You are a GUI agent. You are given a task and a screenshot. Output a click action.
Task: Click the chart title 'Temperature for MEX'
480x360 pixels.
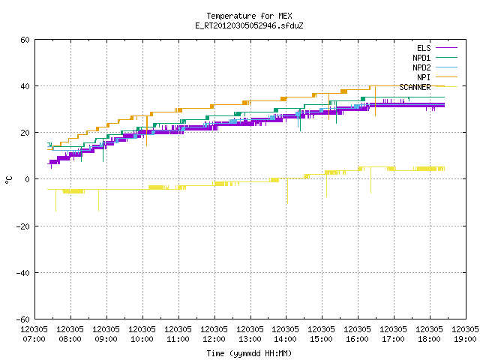pyautogui.click(x=249, y=16)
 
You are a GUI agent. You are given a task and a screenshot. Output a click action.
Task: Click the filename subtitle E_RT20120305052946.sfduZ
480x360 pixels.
pyautogui.click(x=249, y=25)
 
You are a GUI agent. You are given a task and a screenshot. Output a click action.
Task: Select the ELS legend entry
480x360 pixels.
pyautogui.click(x=437, y=48)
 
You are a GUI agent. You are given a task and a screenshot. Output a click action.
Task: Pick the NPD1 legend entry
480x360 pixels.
pyautogui.click(x=435, y=58)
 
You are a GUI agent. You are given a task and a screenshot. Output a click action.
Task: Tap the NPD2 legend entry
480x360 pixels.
pyautogui.click(x=435, y=67)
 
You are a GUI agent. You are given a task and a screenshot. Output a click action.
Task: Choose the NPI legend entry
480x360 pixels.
pyautogui.click(x=437, y=77)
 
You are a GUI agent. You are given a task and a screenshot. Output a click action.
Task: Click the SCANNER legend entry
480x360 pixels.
pyautogui.click(x=428, y=87)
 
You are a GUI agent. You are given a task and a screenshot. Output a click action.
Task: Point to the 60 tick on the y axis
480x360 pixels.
pyautogui.click(x=25, y=40)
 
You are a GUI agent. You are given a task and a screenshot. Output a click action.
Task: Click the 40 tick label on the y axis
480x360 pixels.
pyautogui.click(x=25, y=86)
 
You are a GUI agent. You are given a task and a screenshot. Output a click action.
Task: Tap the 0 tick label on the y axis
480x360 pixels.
pyautogui.click(x=28, y=179)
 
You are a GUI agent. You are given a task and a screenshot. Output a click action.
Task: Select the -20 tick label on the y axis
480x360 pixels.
pyautogui.click(x=23, y=226)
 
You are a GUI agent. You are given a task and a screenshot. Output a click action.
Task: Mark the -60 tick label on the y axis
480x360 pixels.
pyautogui.click(x=23, y=319)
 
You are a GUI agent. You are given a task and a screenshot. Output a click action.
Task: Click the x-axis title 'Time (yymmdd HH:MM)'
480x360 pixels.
pyautogui.click(x=249, y=353)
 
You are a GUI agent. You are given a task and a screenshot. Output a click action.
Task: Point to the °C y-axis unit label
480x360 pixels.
pyautogui.click(x=8, y=180)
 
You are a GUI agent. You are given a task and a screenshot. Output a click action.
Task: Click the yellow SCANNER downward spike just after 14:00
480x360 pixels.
pyautogui.click(x=287, y=191)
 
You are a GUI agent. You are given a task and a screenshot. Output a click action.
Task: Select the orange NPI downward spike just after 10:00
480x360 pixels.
pyautogui.click(x=147, y=130)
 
